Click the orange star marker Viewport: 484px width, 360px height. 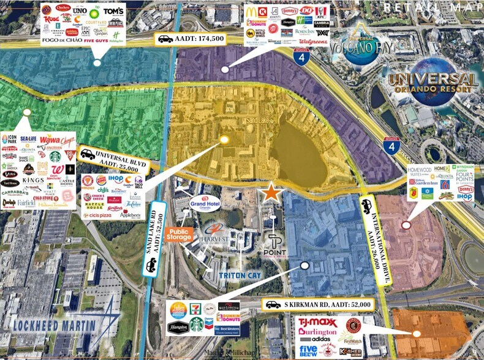pos(271,193)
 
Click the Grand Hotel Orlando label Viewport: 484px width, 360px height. pos(205,203)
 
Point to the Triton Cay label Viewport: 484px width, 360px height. pos(241,276)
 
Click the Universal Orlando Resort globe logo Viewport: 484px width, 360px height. pos(433,83)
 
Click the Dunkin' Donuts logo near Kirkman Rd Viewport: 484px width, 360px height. pos(228,317)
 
